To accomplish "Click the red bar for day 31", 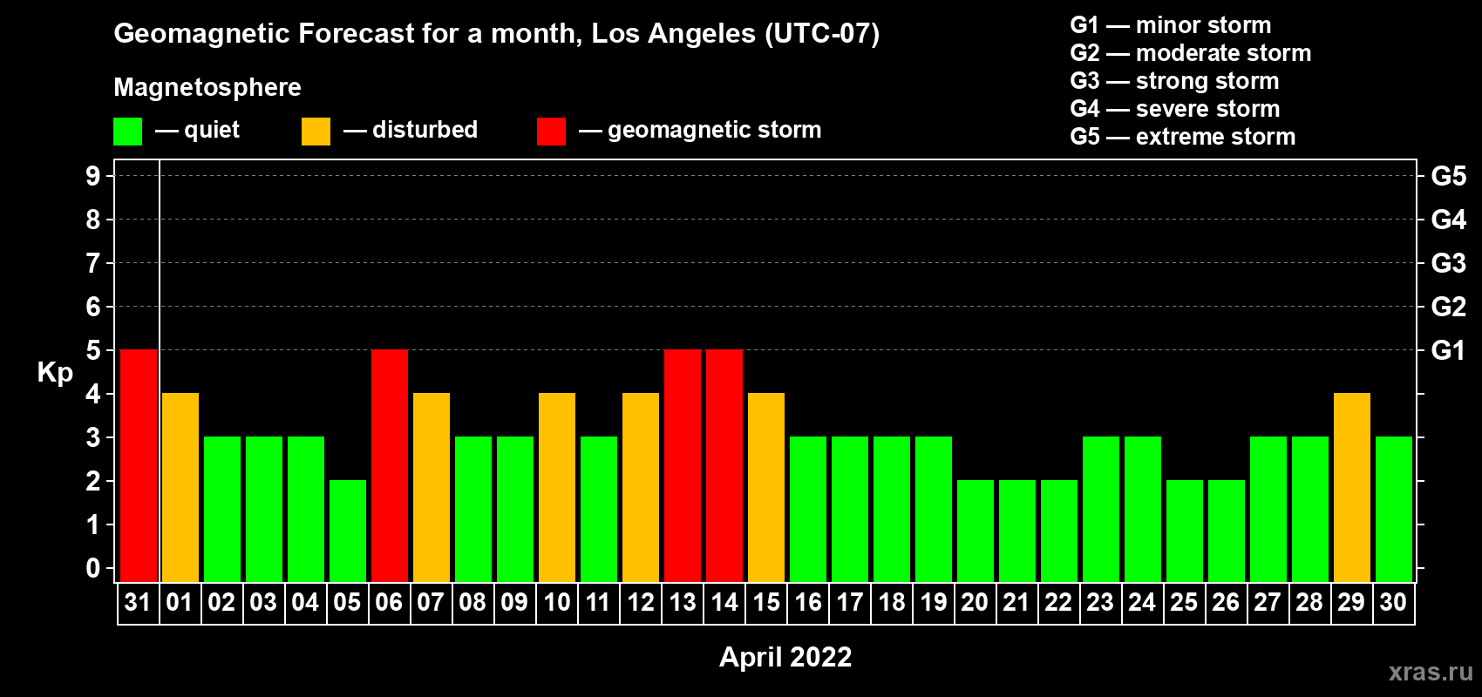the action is pyautogui.click(x=139, y=465).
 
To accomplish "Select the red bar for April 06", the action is pyautogui.click(x=390, y=465).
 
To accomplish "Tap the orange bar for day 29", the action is pyautogui.click(x=1351, y=487).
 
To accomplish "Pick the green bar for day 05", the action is pyautogui.click(x=348, y=531).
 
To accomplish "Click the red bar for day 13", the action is pyautogui.click(x=683, y=465).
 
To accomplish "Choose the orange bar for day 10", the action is pyautogui.click(x=557, y=487).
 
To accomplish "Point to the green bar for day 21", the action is pyautogui.click(x=1017, y=531).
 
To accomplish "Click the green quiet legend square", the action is pyautogui.click(x=127, y=131).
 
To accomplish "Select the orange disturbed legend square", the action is pyautogui.click(x=316, y=131).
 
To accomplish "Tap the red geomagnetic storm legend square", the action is pyautogui.click(x=551, y=131).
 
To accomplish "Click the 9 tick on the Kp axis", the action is pyautogui.click(x=92, y=176).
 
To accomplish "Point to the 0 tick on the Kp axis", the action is pyautogui.click(x=92, y=568).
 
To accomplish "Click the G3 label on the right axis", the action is pyautogui.click(x=1449, y=263).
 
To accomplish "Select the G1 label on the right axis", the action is pyautogui.click(x=1448, y=350).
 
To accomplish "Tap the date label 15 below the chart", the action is pyautogui.click(x=766, y=602).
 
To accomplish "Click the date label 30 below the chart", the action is pyautogui.click(x=1393, y=602).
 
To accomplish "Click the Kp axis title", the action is pyautogui.click(x=55, y=373).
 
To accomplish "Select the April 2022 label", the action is pyautogui.click(x=785, y=657).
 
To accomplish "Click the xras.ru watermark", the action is pyautogui.click(x=1431, y=672).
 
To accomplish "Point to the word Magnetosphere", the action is pyautogui.click(x=207, y=87).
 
